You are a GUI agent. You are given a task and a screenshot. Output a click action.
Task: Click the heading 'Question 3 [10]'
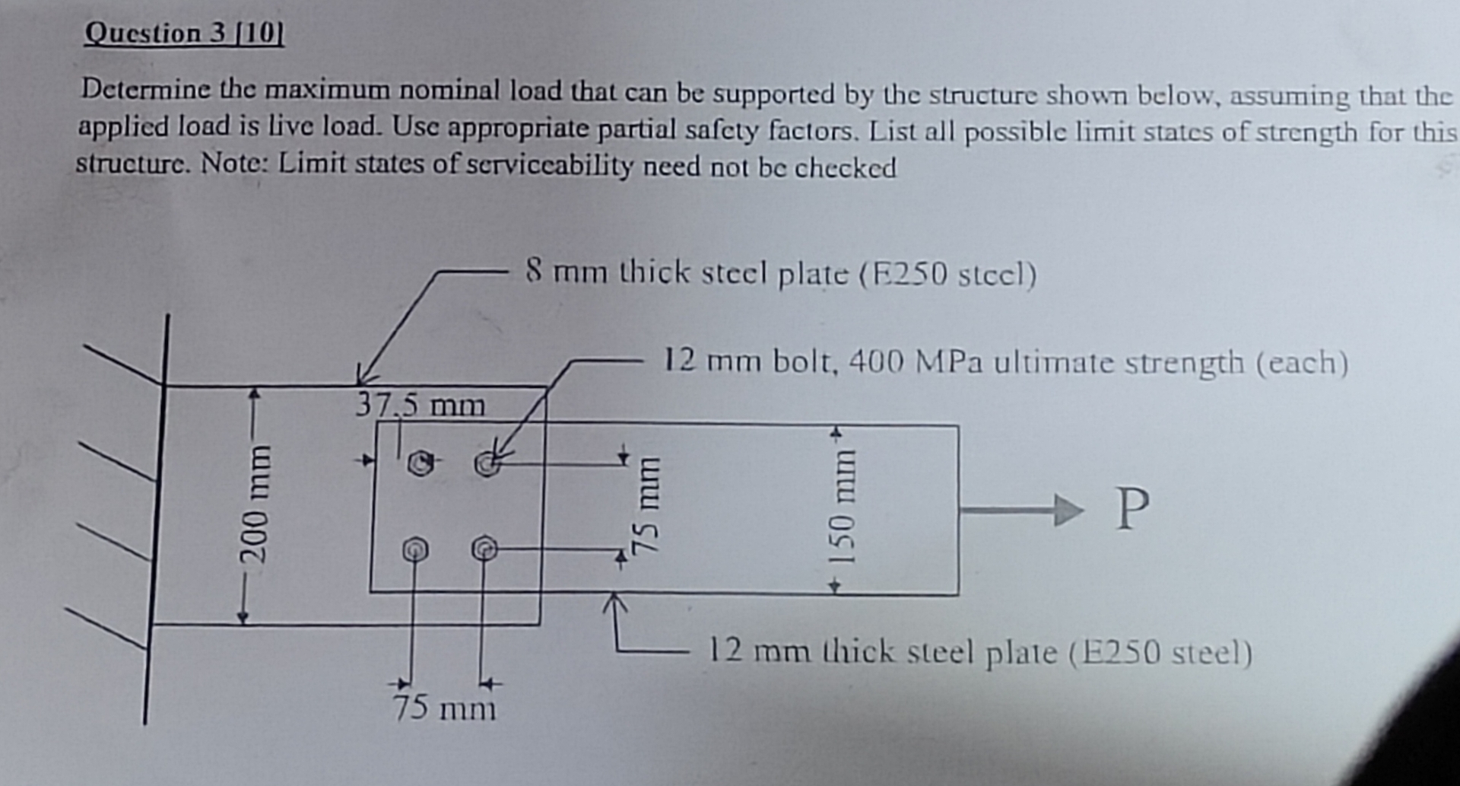coord(184,33)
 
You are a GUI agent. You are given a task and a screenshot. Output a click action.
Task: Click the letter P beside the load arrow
coord(1131,509)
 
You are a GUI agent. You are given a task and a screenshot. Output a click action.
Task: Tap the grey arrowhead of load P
coord(1068,509)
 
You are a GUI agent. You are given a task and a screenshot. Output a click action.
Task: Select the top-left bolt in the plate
coord(420,463)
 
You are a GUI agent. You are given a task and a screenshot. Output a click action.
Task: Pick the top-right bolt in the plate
coord(487,463)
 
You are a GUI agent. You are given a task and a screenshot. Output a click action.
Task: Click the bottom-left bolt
coord(414,549)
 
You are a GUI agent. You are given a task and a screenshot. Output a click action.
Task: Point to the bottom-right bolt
coord(484,548)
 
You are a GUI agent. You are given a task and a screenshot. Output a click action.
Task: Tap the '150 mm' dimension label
coord(842,508)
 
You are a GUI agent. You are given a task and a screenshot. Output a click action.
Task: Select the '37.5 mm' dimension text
coord(420,405)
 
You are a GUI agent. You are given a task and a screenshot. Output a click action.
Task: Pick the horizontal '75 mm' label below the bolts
coord(445,708)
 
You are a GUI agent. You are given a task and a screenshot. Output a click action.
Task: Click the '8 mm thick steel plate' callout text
coord(781,273)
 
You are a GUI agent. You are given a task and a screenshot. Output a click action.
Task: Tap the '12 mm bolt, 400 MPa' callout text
coord(1005,361)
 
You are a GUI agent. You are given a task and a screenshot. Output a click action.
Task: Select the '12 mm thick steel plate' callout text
coord(979,652)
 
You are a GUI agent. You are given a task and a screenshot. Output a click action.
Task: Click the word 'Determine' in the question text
coord(146,90)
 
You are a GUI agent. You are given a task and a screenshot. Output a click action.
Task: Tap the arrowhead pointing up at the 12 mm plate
coord(615,603)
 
